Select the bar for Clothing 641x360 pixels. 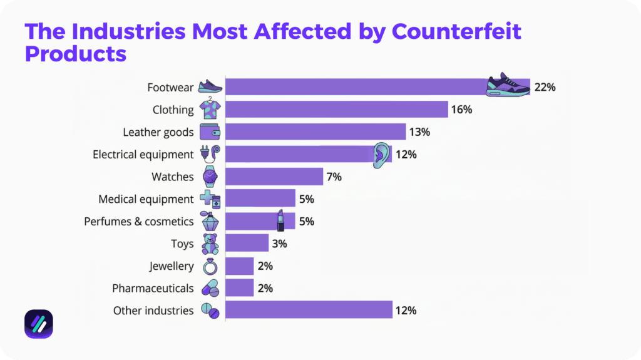336,110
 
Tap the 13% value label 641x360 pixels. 419,132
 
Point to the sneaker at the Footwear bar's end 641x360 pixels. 508,85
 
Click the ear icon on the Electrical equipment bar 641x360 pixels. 381,155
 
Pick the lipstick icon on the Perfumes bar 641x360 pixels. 280,221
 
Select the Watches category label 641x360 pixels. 173,177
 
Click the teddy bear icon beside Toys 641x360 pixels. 210,244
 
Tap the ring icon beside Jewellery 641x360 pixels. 210,266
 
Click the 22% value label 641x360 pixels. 545,87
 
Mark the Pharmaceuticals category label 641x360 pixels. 153,289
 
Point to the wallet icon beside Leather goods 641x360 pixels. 210,132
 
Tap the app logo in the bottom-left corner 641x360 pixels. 38,324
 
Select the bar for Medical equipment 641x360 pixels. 260,199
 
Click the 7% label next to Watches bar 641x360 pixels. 334,177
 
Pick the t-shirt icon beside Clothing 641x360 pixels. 210,109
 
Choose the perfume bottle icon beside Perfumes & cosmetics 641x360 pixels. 210,222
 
